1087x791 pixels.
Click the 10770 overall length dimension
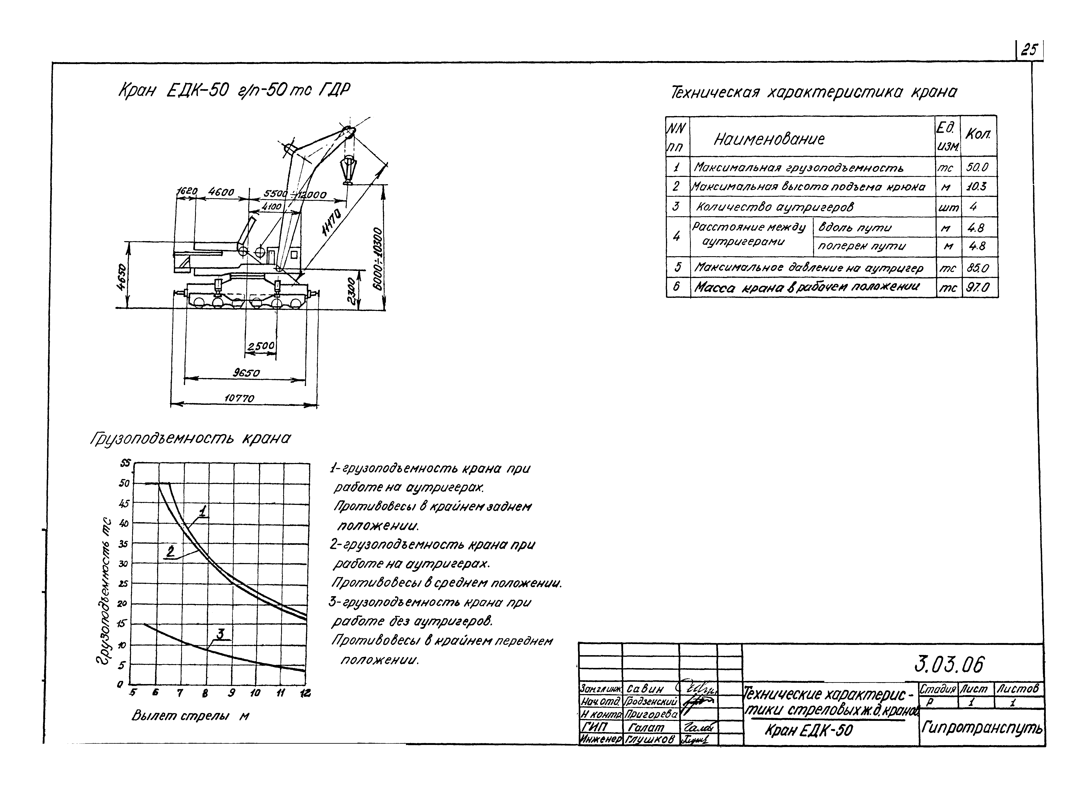tap(239, 398)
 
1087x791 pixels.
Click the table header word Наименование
tap(769, 139)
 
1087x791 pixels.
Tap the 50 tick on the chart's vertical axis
tap(124, 483)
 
